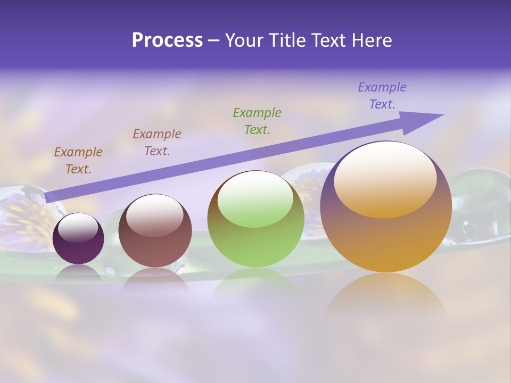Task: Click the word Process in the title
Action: point(167,40)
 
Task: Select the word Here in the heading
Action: point(372,40)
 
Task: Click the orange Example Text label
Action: point(78,161)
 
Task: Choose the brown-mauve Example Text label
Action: point(157,143)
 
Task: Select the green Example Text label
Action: point(257,121)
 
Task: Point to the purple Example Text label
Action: point(382,96)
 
